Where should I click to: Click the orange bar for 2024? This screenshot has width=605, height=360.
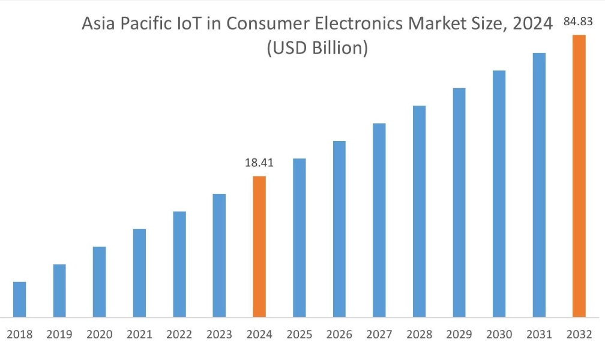click(x=259, y=247)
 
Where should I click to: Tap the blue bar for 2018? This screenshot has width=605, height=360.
click(x=19, y=299)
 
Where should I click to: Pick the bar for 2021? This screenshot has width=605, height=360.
click(x=139, y=273)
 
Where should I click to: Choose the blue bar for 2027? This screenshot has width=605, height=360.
click(x=379, y=220)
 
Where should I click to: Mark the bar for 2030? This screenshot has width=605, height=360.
click(x=499, y=194)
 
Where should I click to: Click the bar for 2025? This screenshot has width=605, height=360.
click(x=299, y=238)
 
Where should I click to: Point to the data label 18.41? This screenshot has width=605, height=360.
click(x=259, y=163)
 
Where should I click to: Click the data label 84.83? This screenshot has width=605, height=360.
click(x=579, y=22)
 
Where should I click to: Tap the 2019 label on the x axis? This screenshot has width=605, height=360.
click(x=59, y=335)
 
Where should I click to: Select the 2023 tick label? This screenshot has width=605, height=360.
click(x=219, y=335)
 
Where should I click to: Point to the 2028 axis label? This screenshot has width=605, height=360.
click(x=419, y=335)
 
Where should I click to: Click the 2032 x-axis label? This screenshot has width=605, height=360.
click(x=579, y=335)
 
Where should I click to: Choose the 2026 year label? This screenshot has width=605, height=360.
click(x=339, y=335)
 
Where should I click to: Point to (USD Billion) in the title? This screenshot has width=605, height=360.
click(x=317, y=48)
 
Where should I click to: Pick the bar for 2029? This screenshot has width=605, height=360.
click(x=459, y=203)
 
